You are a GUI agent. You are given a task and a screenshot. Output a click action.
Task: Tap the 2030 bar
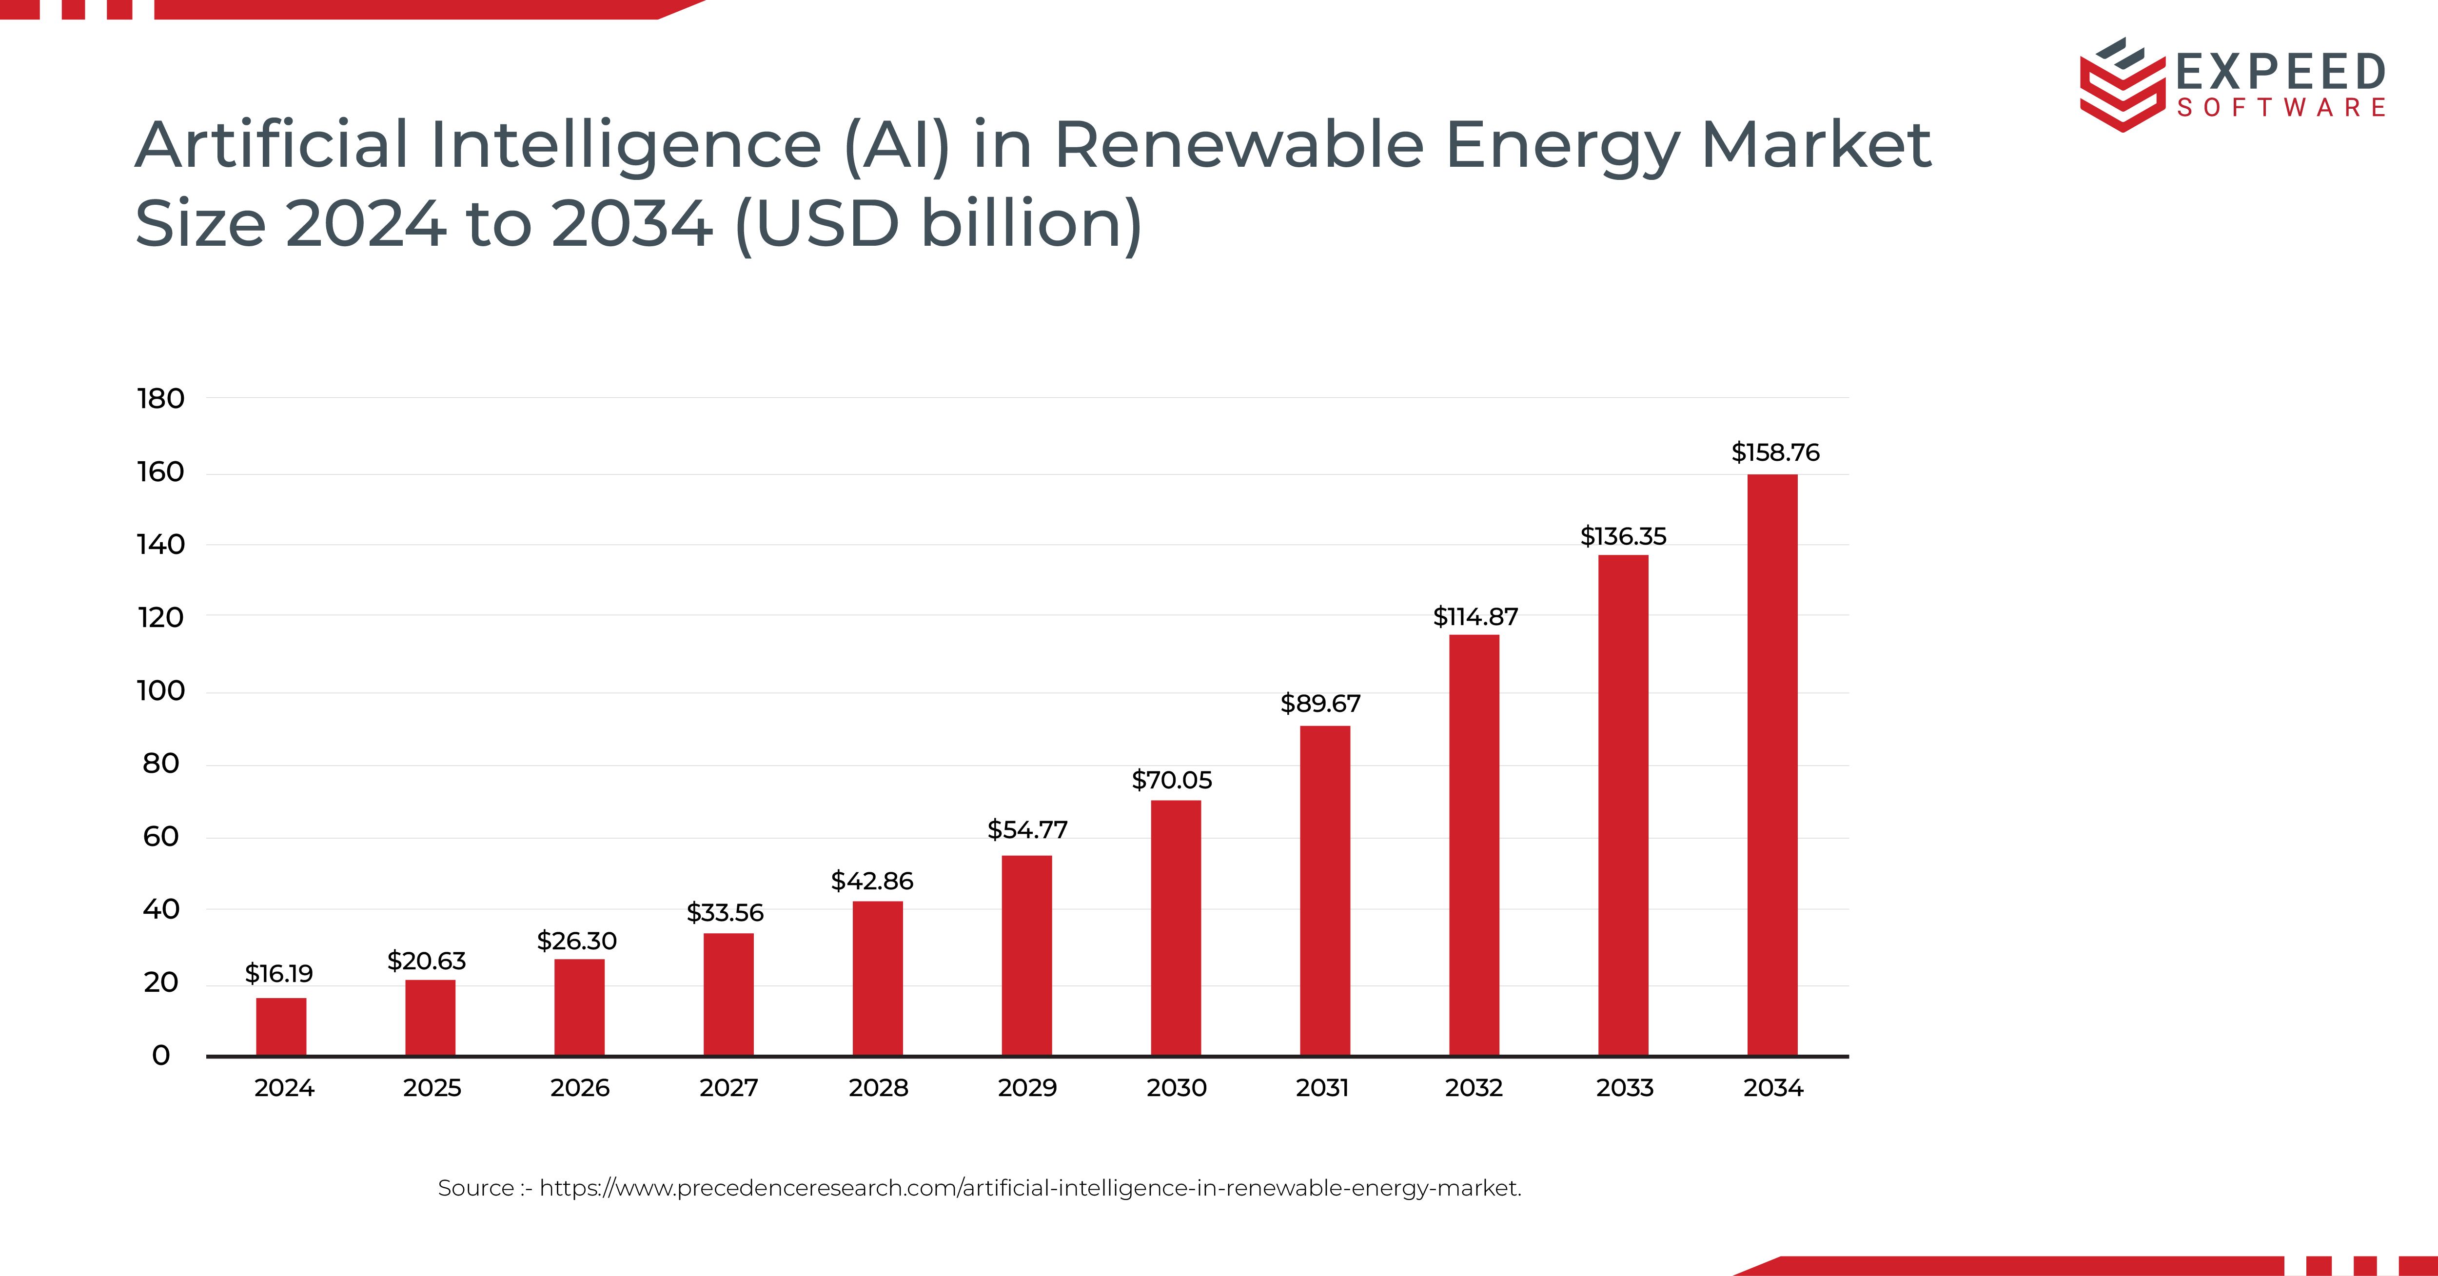click(x=1176, y=928)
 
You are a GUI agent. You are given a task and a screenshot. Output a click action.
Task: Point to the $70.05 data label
click(x=1172, y=780)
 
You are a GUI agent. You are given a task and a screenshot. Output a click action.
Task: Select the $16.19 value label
click(x=278, y=973)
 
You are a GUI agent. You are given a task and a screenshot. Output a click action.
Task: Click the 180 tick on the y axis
click(x=161, y=398)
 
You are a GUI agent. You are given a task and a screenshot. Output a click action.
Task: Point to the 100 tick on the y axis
click(x=161, y=691)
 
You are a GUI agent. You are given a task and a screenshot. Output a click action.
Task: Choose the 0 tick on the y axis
click(x=161, y=1056)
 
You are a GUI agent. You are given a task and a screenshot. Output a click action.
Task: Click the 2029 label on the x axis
click(x=1027, y=1088)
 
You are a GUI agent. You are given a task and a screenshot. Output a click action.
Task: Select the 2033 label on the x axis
click(x=1624, y=1088)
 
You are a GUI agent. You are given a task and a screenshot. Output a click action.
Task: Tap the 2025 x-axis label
click(x=432, y=1088)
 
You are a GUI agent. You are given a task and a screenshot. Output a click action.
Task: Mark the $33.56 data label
click(x=725, y=913)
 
